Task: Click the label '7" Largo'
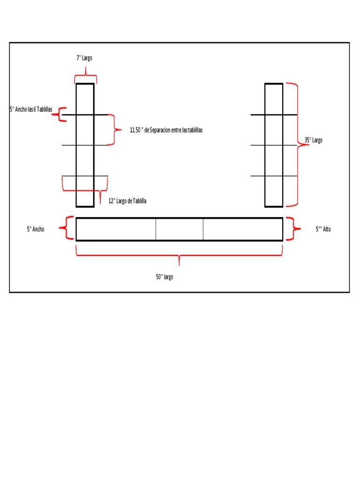pyautogui.click(x=84, y=58)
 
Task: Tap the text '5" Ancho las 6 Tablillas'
pyautogui.click(x=31, y=109)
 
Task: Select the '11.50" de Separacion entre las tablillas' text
pyautogui.click(x=166, y=130)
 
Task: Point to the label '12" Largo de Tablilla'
pyautogui.click(x=127, y=201)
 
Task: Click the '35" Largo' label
pyautogui.click(x=314, y=140)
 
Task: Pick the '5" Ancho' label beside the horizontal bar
pyautogui.click(x=36, y=229)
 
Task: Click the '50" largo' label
pyautogui.click(x=165, y=277)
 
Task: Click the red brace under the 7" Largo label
pyautogui.click(x=86, y=75)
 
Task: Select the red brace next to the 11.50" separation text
pyautogui.click(x=114, y=130)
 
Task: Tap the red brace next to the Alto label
pyautogui.click(x=293, y=229)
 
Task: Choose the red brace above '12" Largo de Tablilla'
pyautogui.click(x=85, y=191)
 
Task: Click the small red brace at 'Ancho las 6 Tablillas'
pyautogui.click(x=59, y=114)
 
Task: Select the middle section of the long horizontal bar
pyautogui.click(x=180, y=229)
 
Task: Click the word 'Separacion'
pyautogui.click(x=160, y=130)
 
